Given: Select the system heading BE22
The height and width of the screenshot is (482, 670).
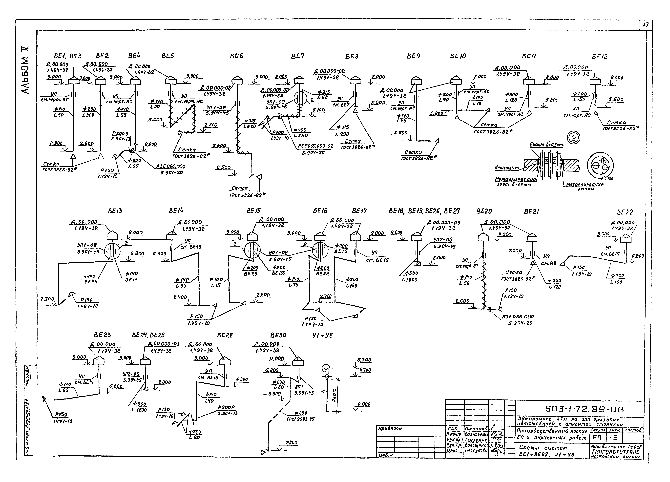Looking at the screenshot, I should tap(625, 212).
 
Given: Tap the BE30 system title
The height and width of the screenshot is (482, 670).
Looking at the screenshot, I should tap(278, 335).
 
